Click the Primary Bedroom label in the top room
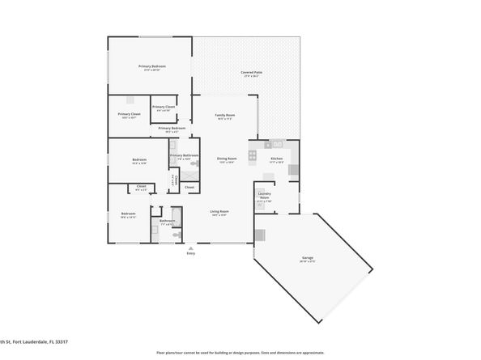151,66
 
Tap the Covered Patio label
251,73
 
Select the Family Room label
224,116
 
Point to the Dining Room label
226,159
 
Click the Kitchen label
276,159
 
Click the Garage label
308,260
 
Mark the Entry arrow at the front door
191,247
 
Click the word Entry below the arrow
191,254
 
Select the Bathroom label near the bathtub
167,221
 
